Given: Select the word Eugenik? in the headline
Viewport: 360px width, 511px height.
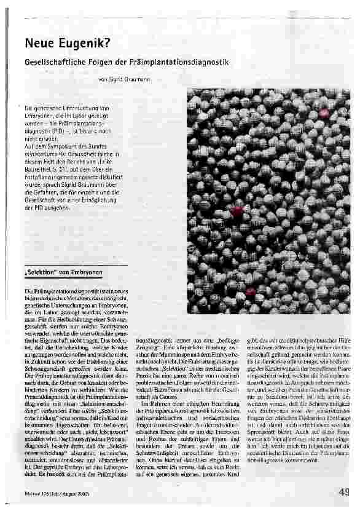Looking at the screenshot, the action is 80,44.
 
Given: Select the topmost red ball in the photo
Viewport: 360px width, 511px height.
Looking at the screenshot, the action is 324,113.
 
